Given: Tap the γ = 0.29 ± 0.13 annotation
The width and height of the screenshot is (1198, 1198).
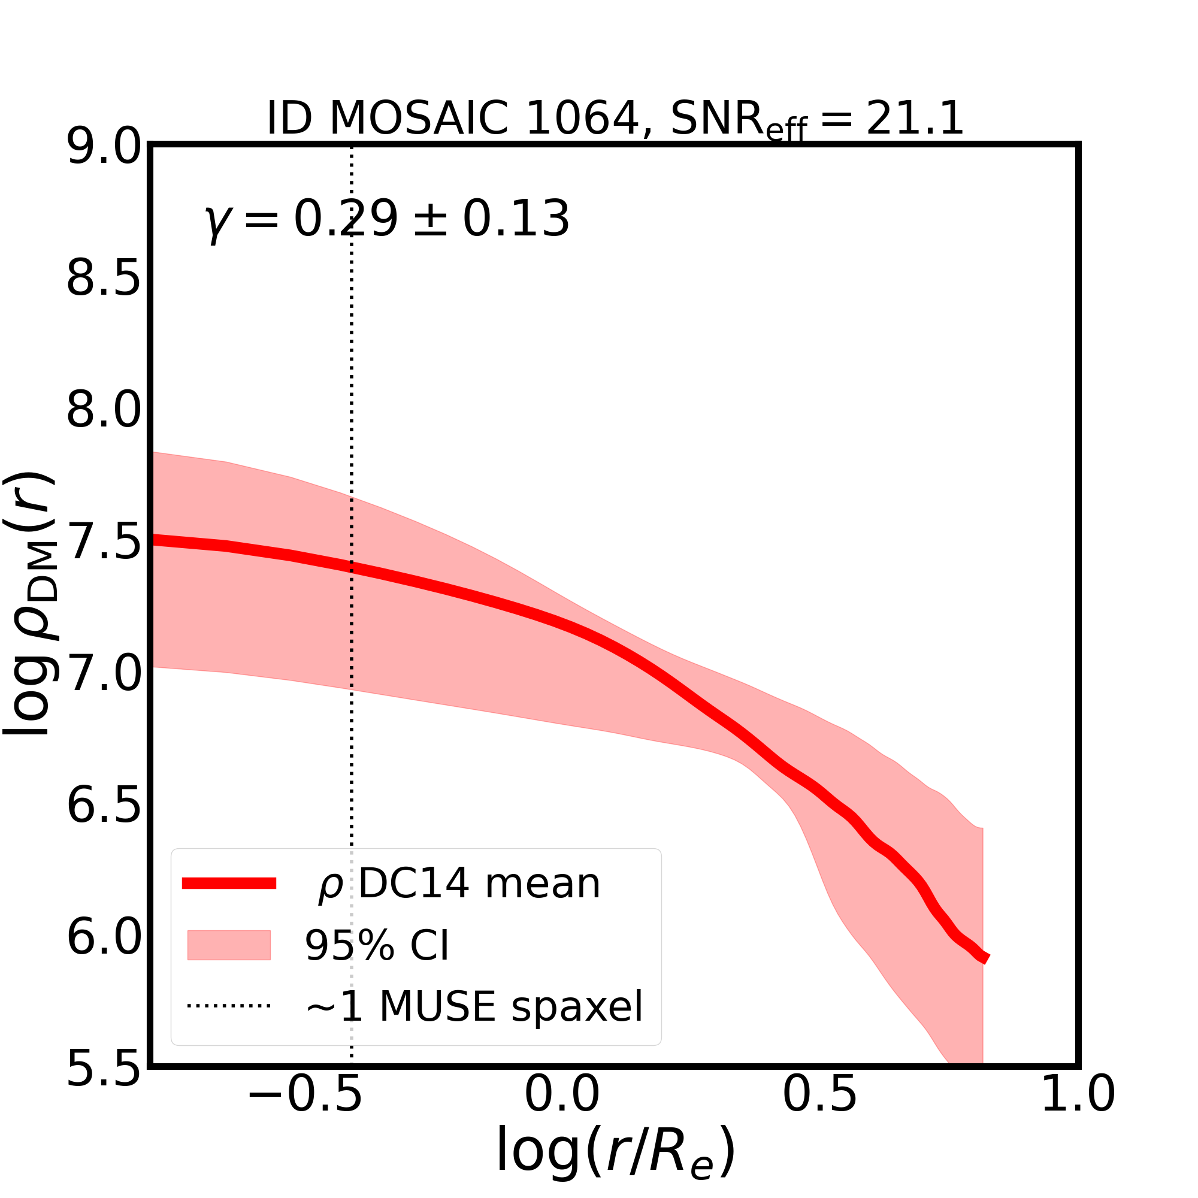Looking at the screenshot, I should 387,219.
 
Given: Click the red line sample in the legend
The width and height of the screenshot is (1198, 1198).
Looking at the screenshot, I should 229,884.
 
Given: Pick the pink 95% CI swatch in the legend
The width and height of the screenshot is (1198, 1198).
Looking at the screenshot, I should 229,945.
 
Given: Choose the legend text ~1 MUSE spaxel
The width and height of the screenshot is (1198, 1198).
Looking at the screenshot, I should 474,1006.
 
